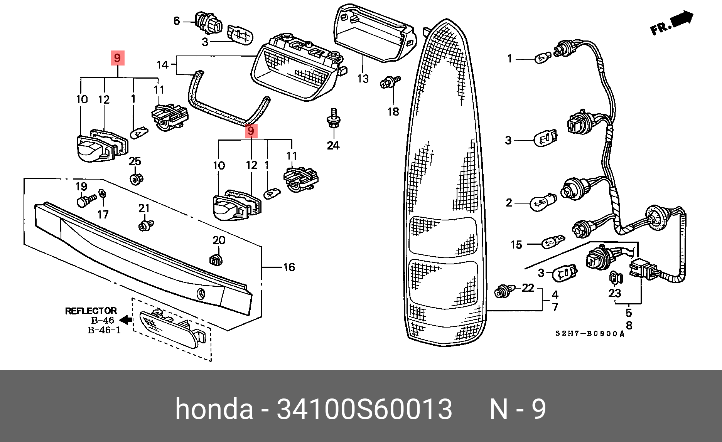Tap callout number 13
[363, 79]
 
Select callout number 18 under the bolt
[393, 112]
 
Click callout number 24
[333, 145]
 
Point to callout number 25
[135, 161]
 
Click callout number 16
[289, 267]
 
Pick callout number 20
[219, 240]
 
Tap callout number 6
[177, 21]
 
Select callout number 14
[163, 65]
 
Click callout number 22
[528, 288]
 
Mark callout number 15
[516, 245]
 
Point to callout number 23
[615, 293]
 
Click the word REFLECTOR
[91, 311]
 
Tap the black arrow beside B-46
[126, 320]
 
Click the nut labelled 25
[135, 179]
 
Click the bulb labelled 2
[544, 203]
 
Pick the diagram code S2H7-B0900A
[590, 334]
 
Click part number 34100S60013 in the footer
[364, 409]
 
